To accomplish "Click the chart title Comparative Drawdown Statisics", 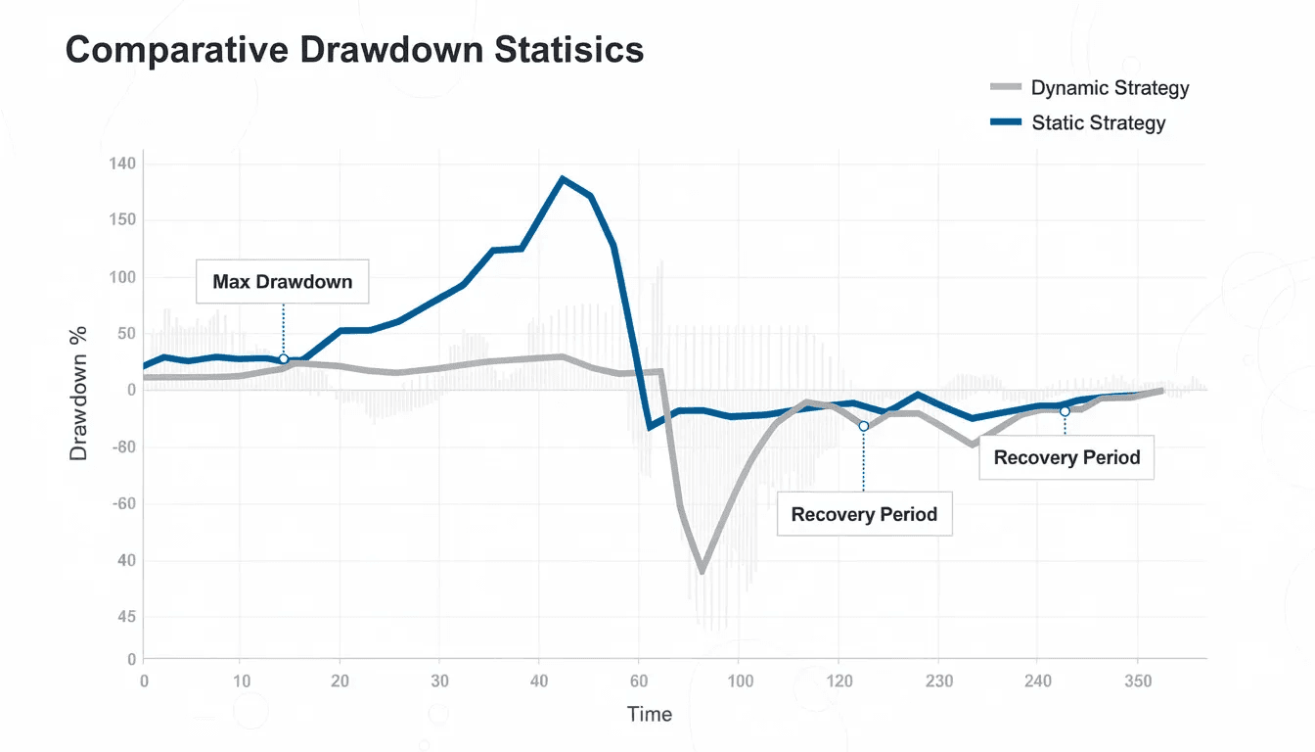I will [x=354, y=50].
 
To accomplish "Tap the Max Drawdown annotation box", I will [x=282, y=282].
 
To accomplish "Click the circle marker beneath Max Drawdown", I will [x=284, y=359].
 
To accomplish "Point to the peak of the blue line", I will [x=562, y=179].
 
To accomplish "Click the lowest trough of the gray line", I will [x=702, y=570].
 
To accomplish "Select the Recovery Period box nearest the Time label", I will [x=864, y=514].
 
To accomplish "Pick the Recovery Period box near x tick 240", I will [x=1066, y=457].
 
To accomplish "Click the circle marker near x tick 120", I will [x=863, y=426].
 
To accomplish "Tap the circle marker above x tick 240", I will [x=1065, y=411].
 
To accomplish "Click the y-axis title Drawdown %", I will [x=79, y=392].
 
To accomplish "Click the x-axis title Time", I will [x=650, y=714].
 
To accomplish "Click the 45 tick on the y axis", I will [x=123, y=617].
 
